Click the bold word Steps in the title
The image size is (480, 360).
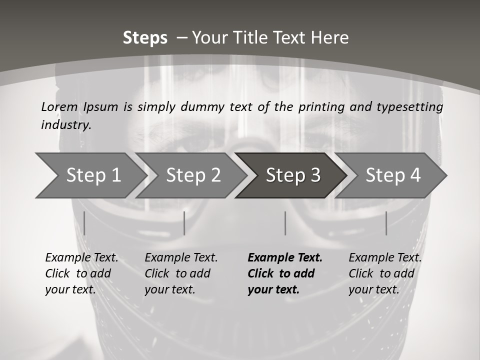[x=145, y=38]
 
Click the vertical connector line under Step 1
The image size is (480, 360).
[x=84, y=223]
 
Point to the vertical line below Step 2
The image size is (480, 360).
[x=184, y=223]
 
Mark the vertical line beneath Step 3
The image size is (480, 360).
[x=285, y=223]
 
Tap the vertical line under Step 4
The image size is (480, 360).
[x=386, y=223]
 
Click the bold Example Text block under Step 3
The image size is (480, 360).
[x=285, y=273]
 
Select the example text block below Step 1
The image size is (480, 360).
[x=81, y=273]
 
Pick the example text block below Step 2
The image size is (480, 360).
[x=181, y=273]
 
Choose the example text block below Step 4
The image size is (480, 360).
[x=385, y=273]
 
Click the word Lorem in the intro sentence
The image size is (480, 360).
[x=59, y=106]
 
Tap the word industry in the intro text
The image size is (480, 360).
[x=66, y=124]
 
